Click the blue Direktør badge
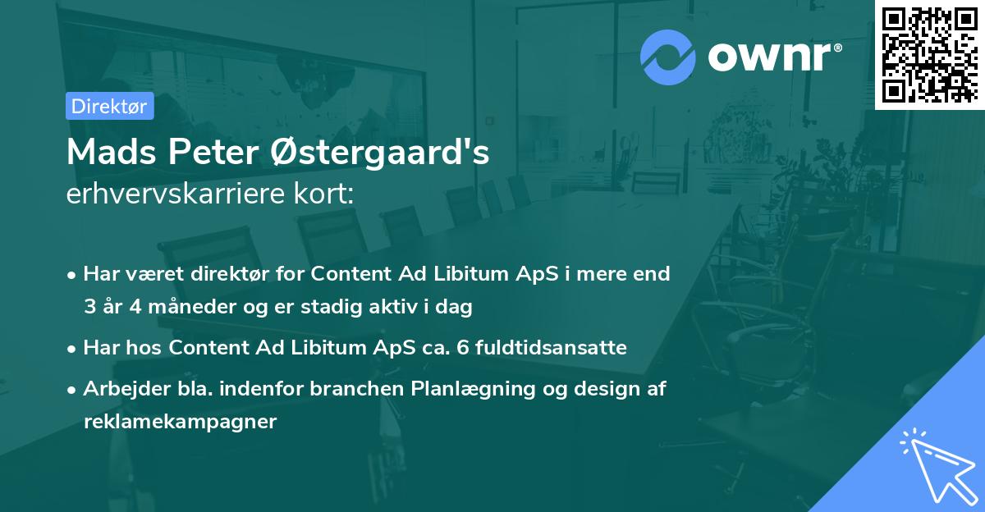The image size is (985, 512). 109,106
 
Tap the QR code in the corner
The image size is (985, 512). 929,55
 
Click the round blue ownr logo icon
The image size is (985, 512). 667,57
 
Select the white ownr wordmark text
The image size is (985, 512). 775,57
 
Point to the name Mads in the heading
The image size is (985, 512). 112,152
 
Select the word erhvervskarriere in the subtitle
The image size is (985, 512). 176,194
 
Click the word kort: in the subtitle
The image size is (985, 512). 323,194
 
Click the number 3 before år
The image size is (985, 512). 89,306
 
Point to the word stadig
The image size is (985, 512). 331,307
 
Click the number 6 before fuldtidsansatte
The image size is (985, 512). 463,348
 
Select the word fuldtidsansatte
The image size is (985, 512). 551,347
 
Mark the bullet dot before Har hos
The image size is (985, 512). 71,350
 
